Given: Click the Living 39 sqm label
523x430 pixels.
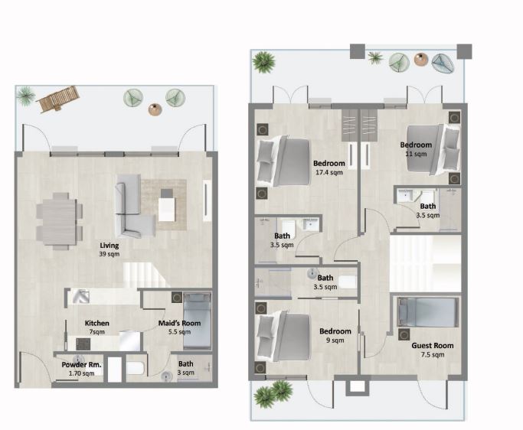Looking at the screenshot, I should pyautogui.click(x=110, y=249).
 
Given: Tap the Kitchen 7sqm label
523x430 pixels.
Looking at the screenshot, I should pyautogui.click(x=97, y=327).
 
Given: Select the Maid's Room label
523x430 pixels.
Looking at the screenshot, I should pyautogui.click(x=179, y=327).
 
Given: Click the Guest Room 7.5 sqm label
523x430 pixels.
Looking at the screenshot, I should pyautogui.click(x=433, y=350).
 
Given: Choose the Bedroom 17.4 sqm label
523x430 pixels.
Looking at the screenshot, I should pyautogui.click(x=329, y=168).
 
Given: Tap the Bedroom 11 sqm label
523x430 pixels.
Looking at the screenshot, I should pyautogui.click(x=416, y=148).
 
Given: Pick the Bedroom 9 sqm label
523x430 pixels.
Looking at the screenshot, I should pyautogui.click(x=335, y=335).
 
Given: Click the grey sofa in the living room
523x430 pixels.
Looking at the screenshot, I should pyautogui.click(x=131, y=205).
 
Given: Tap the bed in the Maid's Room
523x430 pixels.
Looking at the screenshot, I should pyautogui.click(x=197, y=319).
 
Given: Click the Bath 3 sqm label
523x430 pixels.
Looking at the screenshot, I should pyautogui.click(x=186, y=368).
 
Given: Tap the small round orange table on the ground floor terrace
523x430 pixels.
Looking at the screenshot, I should pyautogui.click(x=155, y=109).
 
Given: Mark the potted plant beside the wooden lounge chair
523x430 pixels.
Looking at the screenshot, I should pyautogui.click(x=26, y=95).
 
